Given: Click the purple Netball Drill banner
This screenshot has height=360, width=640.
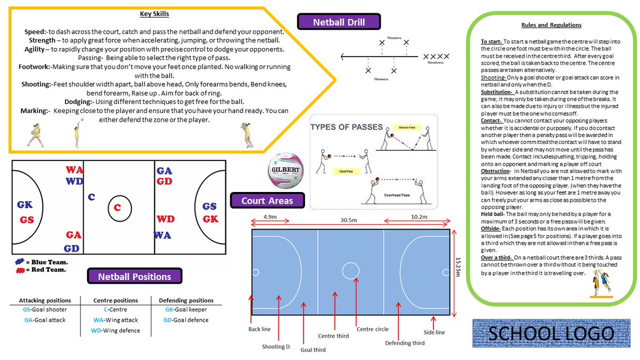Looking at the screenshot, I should pos(339,22).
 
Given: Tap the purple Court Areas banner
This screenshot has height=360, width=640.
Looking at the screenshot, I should pos(267,201).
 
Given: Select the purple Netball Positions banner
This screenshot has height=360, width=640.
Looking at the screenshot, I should pos(134,277).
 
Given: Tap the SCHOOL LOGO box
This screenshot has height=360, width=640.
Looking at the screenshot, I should pos(551,334).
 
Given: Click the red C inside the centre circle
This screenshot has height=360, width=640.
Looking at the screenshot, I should pos(117,207).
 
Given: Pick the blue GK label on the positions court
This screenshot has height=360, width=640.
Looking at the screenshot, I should pos(25,205).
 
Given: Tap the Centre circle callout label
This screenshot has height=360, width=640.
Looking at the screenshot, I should pos(373,329).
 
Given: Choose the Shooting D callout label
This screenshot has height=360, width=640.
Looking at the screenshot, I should pos(276,347).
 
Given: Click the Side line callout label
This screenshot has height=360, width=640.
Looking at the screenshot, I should pos(434,332).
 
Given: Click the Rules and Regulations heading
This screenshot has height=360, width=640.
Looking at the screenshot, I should pos(551,25).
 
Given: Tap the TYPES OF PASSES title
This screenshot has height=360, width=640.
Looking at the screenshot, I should pos(347,127).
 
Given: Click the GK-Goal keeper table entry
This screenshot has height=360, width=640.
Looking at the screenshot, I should pos(186,309).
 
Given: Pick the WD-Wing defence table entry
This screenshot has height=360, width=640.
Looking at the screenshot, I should pos(115,331).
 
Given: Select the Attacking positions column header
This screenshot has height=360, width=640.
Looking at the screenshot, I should pos(45,300).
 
